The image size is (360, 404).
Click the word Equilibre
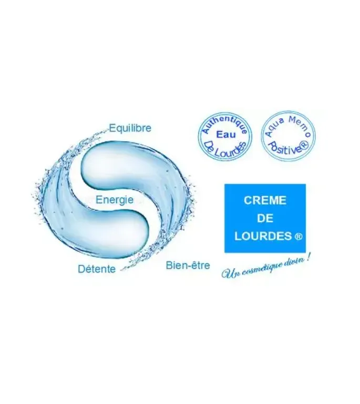coord(130,128)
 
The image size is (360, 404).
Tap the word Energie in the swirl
coord(115,200)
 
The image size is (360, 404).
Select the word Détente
coord(97,269)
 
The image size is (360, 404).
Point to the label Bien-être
coord(188,265)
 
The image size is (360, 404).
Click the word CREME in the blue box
coord(265,200)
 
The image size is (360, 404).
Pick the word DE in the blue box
coord(265,218)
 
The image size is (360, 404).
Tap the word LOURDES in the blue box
coord(262,237)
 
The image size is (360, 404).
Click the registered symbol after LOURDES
coord(298,237)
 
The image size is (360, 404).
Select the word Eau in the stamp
coord(225,134)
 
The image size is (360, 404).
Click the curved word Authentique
coord(224,124)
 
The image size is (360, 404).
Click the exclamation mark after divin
coord(307,259)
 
